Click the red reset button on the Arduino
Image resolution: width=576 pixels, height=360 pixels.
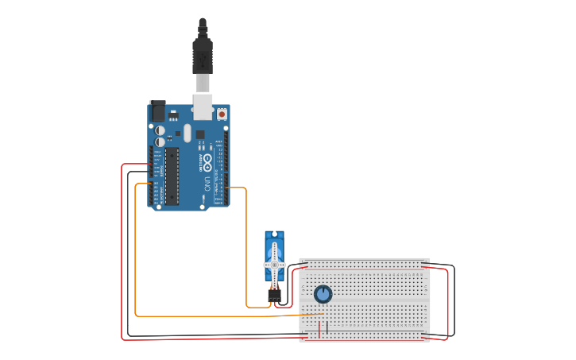pyautogui.click(x=222, y=114)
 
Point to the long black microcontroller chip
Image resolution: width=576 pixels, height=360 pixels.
pyautogui.click(x=171, y=175)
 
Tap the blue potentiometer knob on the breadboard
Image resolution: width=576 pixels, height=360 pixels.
pyautogui.click(x=323, y=294)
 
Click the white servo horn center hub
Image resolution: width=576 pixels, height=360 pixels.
pyautogui.click(x=274, y=265)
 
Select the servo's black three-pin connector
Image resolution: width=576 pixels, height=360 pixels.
pyautogui.click(x=274, y=295)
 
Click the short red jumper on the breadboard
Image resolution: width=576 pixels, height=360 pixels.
pyautogui.click(x=319, y=329)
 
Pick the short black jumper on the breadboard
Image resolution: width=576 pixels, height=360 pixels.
pyautogui.click(x=327, y=327)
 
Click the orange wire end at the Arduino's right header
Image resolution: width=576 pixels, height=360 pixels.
pyautogui.click(x=229, y=188)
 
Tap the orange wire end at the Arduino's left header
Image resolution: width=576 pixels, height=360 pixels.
pyautogui.click(x=150, y=184)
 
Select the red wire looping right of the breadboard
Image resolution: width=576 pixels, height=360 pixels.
pyautogui.click(x=448, y=302)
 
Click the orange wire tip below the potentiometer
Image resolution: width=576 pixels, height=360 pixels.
pyautogui.click(x=321, y=314)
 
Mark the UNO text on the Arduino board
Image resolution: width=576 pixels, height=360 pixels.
pyautogui.click(x=208, y=184)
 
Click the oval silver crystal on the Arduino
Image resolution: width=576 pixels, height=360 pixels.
pyautogui.click(x=187, y=133)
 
